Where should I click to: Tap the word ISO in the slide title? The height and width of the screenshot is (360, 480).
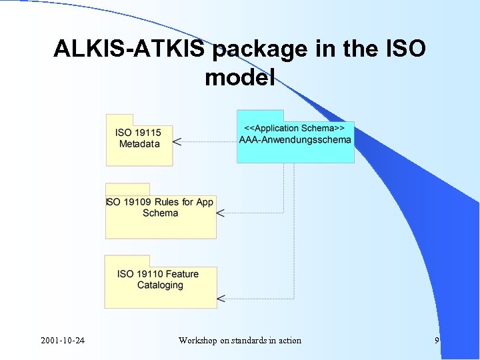click(400, 50)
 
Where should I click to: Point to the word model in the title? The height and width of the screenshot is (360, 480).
click(239, 79)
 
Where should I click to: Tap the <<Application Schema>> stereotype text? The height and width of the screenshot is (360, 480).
click(295, 128)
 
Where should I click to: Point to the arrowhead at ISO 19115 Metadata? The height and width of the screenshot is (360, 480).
click(177, 141)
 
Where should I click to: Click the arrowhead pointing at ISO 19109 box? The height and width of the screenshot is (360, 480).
click(221, 213)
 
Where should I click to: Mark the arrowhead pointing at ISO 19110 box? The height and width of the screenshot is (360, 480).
click(221, 298)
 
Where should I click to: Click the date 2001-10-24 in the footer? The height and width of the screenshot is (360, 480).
click(62, 341)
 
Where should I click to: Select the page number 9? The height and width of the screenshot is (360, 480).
click(437, 341)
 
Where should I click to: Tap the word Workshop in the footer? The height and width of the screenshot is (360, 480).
click(198, 341)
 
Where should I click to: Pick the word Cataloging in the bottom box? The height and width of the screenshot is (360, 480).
click(160, 285)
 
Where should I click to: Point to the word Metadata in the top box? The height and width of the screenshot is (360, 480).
click(139, 144)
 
